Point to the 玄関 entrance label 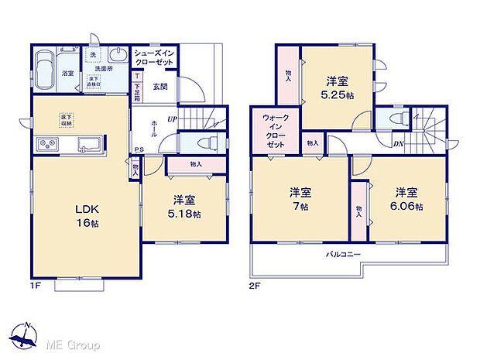pos(160,87)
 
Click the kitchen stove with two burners pos(46,145)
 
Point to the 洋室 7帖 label pos(299,201)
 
